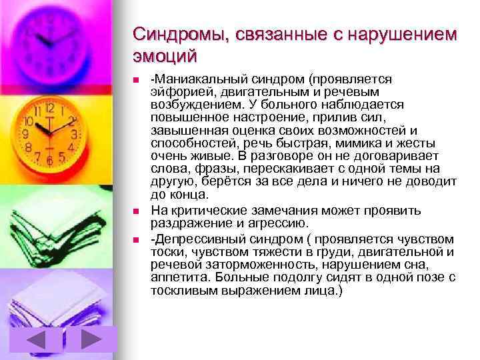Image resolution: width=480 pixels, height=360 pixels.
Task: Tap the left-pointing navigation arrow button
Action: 45,341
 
